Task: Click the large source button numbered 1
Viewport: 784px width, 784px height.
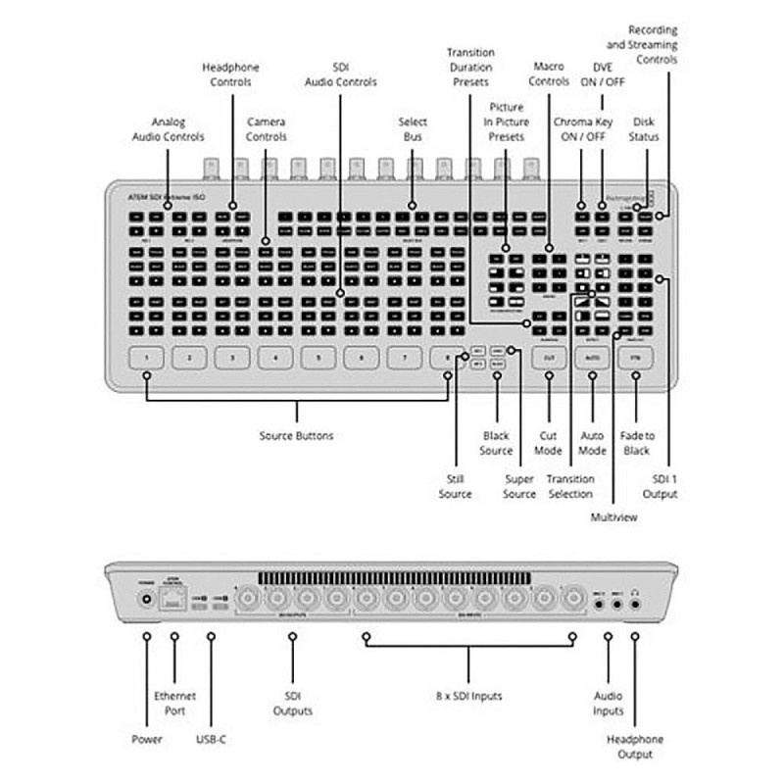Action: pos(146,359)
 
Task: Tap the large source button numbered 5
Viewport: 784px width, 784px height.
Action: pos(318,359)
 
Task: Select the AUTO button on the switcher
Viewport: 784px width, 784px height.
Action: pos(592,359)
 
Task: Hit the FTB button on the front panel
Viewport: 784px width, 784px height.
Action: pos(636,359)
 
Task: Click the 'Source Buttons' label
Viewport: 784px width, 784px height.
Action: pos(296,435)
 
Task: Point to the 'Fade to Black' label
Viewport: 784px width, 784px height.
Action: pos(636,442)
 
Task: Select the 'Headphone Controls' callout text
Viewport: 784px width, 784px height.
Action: pos(231,74)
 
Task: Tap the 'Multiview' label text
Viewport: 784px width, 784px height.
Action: pos(612,516)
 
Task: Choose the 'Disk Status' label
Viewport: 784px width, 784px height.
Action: pos(644,129)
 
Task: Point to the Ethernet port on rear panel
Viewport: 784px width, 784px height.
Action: pos(175,601)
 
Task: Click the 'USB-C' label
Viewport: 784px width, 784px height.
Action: pos(211,738)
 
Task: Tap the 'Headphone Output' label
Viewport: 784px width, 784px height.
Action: pos(634,746)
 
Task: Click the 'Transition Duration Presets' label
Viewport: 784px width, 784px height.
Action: pos(470,67)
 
